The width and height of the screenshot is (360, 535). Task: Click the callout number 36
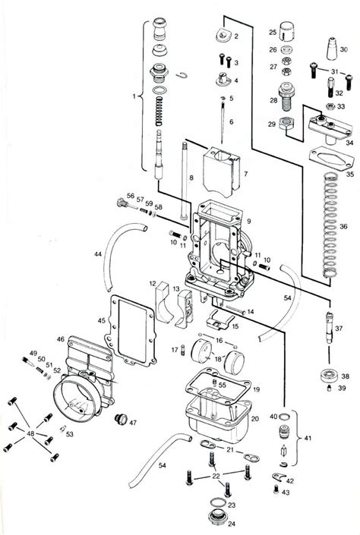tap(344, 226)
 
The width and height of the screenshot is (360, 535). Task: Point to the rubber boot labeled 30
tap(332, 50)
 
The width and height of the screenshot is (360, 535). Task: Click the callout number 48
tap(30, 433)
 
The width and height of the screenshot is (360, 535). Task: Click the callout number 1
tap(135, 96)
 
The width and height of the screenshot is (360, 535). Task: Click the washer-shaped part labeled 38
tap(328, 375)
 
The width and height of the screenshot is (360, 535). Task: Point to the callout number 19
tap(255, 389)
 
